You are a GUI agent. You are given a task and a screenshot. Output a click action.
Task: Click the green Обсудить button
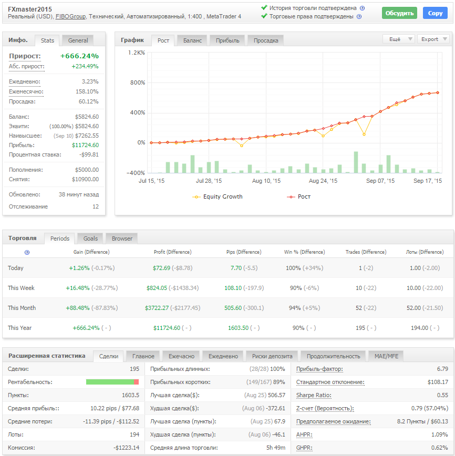click(x=399, y=13)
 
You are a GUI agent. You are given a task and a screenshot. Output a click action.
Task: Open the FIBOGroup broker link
click(x=71, y=17)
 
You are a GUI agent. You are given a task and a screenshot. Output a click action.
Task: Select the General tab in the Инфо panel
click(x=78, y=40)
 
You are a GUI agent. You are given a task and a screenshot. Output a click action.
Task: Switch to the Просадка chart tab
click(x=266, y=40)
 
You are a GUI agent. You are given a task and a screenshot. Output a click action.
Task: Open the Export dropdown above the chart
click(x=433, y=39)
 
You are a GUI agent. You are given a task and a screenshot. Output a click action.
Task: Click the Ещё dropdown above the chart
click(x=398, y=39)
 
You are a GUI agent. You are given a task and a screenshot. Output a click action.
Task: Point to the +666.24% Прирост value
click(x=79, y=56)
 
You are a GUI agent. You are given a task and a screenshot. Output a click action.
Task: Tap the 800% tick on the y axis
click(x=137, y=82)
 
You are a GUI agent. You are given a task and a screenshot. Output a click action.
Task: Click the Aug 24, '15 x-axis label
click(x=323, y=181)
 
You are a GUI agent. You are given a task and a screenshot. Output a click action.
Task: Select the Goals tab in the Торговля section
click(x=90, y=239)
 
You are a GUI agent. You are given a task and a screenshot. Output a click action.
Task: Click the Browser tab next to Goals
click(x=122, y=239)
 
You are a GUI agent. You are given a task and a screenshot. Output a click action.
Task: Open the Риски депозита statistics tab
click(x=272, y=356)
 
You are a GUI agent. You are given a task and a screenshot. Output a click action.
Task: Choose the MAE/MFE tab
click(x=386, y=356)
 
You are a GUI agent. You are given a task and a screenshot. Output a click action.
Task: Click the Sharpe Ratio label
click(x=314, y=395)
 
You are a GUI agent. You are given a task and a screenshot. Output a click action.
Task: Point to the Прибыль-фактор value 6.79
click(x=442, y=369)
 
